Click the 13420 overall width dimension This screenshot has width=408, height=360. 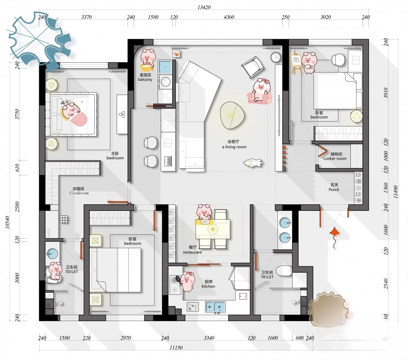pos(204,7)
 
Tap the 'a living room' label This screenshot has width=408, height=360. pos(234,147)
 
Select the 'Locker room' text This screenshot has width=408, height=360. pos(335,158)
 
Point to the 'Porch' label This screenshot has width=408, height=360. pos(334,190)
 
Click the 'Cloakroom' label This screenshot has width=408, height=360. pos(79,193)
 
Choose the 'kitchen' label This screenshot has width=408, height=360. pos(208,286)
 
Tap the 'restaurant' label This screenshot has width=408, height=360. pos(192,252)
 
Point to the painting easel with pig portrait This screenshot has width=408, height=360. pos(296,62)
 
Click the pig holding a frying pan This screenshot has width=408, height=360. pos(186,282)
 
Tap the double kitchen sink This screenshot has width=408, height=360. pos(215,307)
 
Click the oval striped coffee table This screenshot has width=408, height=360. pos(232,115)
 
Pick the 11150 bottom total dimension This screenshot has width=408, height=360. pos(176,348)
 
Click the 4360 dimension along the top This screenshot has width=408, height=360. pos(229,17)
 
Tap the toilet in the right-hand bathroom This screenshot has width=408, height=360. pos(284,271)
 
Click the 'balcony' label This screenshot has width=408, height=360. pos(145,80)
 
